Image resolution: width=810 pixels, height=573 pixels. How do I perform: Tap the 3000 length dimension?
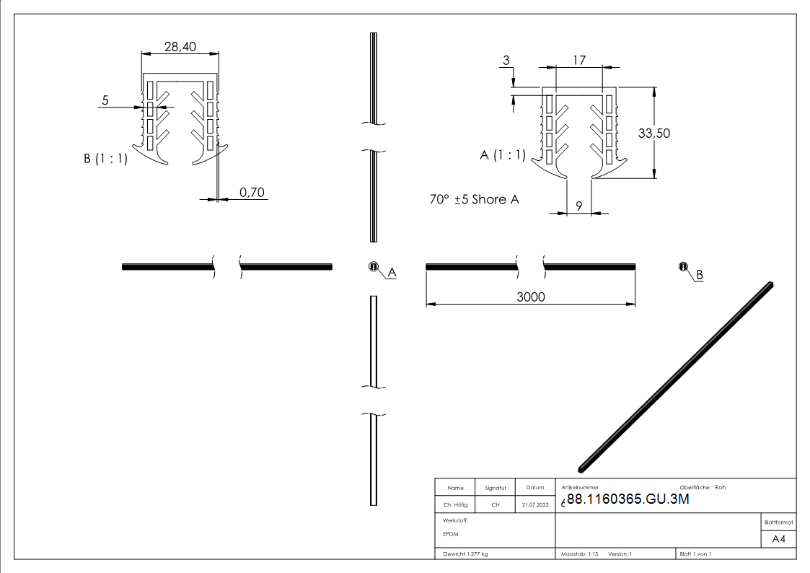point(530,297)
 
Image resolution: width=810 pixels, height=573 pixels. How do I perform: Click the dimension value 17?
point(578,61)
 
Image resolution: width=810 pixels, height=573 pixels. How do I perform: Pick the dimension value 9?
point(578,205)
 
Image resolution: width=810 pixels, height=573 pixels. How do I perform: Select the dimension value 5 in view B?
point(105,101)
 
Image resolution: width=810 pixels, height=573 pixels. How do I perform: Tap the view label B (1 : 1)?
point(105,159)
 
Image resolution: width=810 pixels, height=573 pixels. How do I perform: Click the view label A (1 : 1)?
point(503,154)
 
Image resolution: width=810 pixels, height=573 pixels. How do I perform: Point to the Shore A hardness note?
point(474,199)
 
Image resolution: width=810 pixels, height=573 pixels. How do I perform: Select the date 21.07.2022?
point(534,505)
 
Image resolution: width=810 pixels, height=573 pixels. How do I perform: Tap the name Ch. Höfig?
point(455,505)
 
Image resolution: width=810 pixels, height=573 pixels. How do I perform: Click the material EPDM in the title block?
point(451,534)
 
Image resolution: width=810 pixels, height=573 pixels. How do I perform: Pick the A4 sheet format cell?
point(778,539)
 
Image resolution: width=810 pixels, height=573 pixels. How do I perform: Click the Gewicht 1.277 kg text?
point(466,554)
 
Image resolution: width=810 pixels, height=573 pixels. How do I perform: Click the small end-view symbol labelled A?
point(374,267)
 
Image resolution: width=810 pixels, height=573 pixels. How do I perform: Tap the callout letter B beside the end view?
point(699,275)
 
